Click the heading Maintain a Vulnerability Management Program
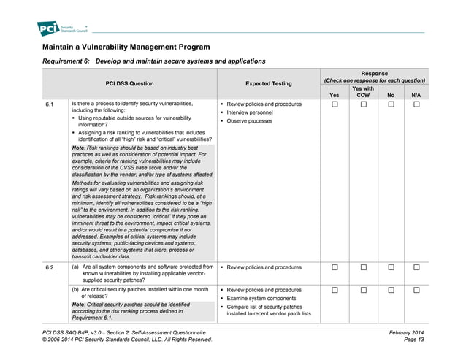126,47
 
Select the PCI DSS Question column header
129,83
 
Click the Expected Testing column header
268,83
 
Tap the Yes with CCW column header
363,91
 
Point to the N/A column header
416,95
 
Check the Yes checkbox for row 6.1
335,104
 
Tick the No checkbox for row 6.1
391,104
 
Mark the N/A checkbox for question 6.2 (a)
416,267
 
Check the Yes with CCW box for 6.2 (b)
363,290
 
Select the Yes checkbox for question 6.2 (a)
335,267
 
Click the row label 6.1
50,104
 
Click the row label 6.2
50,267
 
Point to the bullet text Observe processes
249,121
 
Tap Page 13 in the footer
413,340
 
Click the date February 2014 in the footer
407,332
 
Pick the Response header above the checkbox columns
375,74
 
